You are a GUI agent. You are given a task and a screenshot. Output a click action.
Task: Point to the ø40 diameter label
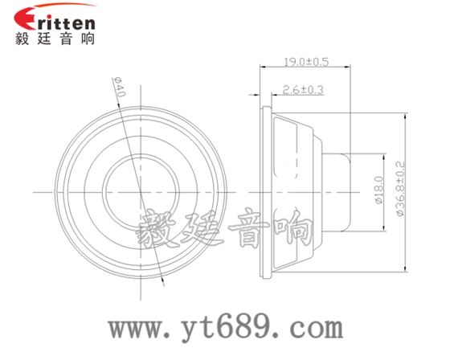pyautogui.click(x=120, y=88)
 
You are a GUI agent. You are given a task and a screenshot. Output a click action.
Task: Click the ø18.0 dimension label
pyautogui.click(x=378, y=192)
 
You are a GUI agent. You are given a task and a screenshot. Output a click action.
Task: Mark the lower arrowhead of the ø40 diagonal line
pyautogui.click(x=163, y=280)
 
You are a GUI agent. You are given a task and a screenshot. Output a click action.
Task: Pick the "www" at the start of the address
pyautogui.click(x=137, y=329)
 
